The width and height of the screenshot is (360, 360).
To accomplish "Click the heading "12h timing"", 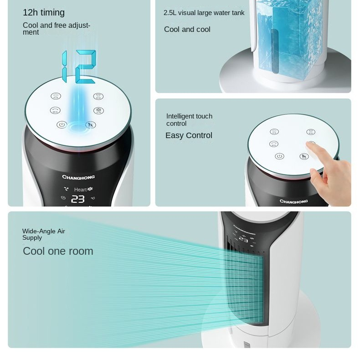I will pos(44,13).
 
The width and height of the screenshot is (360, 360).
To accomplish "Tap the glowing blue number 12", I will pos(79,67).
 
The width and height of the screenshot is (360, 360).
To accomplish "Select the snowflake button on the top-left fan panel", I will pos(98,110).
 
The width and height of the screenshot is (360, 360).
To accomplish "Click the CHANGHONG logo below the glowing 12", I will pos(78,177).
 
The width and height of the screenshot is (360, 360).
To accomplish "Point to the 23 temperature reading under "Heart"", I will pos(78,199).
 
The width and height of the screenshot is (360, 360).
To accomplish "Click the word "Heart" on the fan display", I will pos(80,190).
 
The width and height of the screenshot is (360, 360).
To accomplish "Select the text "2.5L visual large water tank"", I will pos(204,13).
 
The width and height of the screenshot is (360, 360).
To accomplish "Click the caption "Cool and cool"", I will pos(187,30).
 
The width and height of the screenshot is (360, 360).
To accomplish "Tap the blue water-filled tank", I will pos(283,39).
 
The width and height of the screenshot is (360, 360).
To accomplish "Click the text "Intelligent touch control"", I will pos(189,120).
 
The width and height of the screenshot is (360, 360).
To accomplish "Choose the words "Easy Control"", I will pos(189,135).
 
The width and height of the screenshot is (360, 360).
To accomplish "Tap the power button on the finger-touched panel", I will pos(279,156).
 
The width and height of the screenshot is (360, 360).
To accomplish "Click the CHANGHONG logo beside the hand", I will pos(293,201).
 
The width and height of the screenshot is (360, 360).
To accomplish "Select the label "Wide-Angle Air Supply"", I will pos(44,234).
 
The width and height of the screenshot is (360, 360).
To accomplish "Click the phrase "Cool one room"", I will pos(58,251).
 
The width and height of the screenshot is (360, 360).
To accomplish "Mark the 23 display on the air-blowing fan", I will pos(244,239).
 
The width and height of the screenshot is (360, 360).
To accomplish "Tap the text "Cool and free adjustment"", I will pos(57,29).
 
